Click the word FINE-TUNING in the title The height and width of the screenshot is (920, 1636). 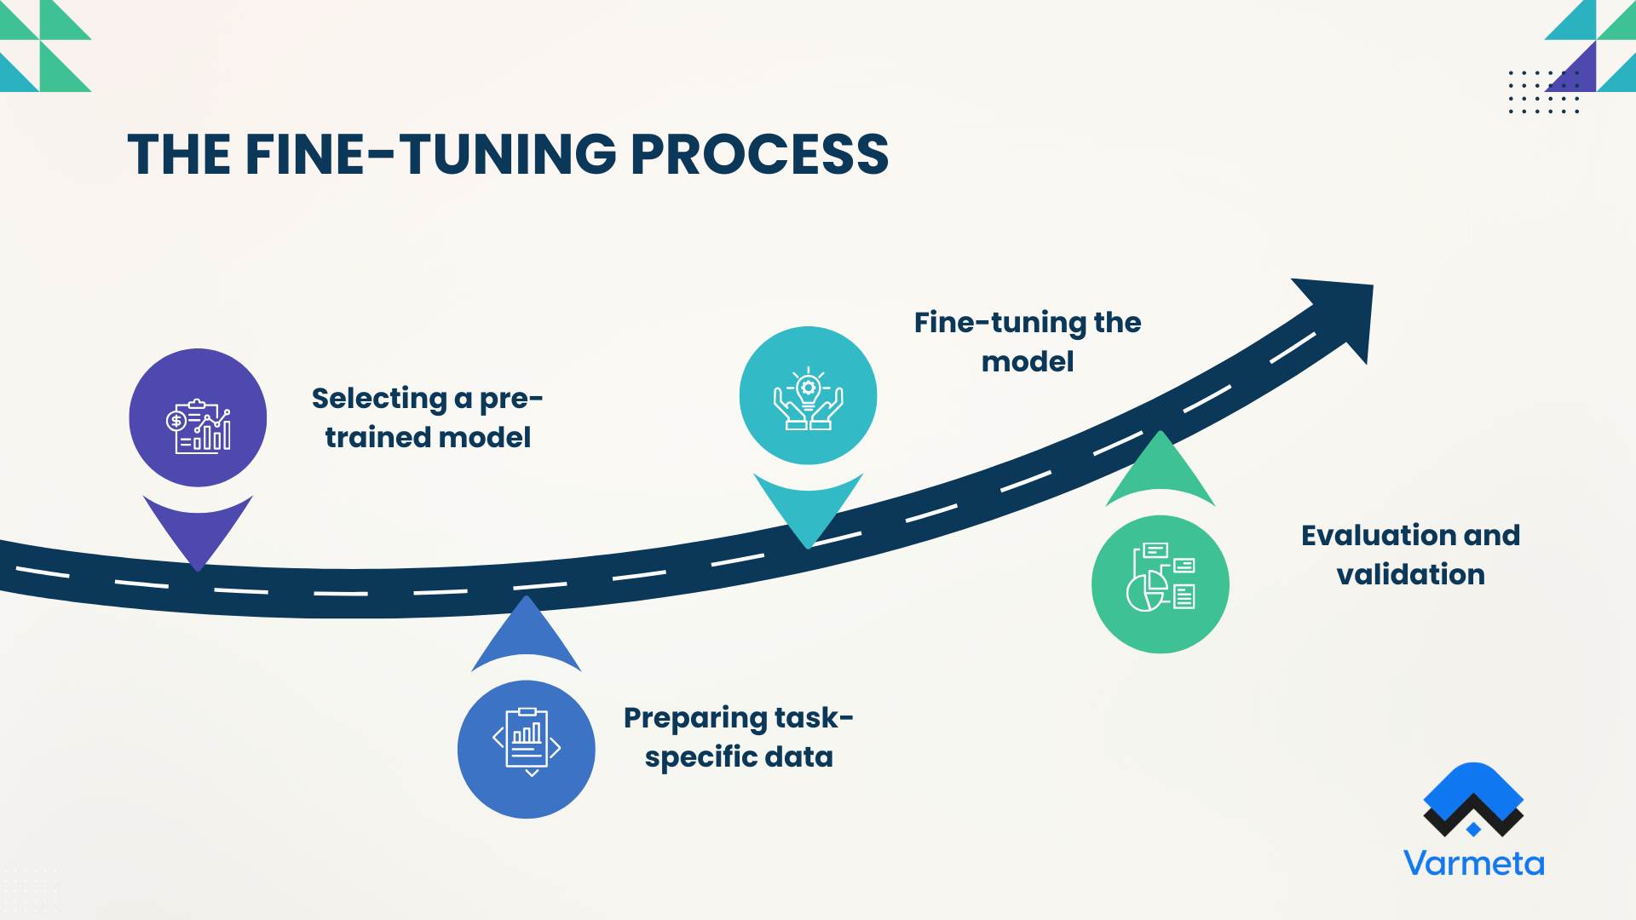430,155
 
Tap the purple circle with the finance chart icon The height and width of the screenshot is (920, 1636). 198,417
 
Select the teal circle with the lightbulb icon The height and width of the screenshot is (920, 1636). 808,396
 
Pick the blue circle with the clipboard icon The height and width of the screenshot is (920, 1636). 526,749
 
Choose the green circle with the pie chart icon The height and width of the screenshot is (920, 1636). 1160,584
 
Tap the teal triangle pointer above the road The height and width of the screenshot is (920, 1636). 808,508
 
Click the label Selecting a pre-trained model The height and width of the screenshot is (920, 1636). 427,417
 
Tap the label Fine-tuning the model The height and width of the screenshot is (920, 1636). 1027,342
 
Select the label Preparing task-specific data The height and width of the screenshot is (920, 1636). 738,737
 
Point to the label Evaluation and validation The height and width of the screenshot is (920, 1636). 1410,555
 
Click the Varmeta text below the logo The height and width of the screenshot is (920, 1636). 1473,863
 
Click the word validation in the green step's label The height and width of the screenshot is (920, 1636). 1410,575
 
